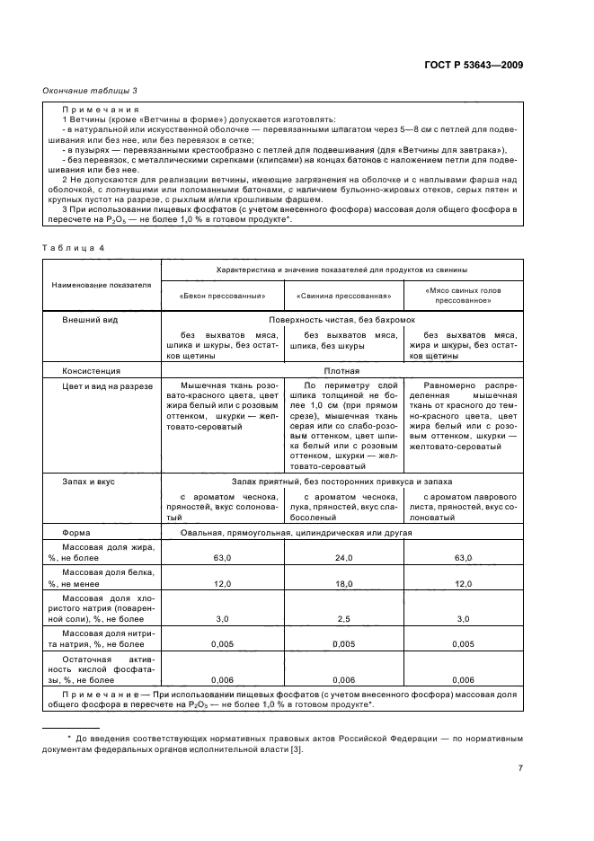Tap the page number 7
(520, 767)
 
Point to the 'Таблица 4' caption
(68, 246)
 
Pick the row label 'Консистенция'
(91, 370)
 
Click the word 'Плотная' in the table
(341, 370)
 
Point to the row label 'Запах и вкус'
(88, 482)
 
